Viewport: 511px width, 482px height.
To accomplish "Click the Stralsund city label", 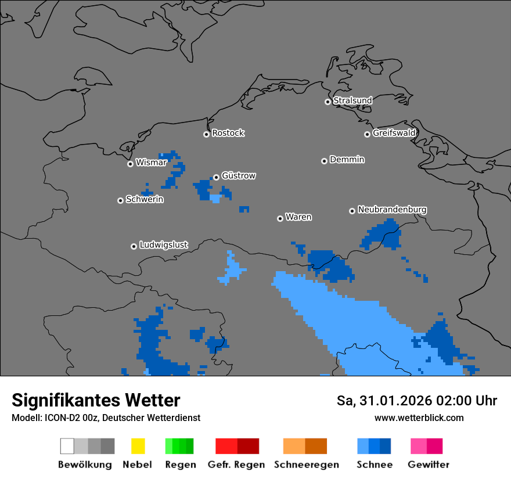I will [x=352, y=100].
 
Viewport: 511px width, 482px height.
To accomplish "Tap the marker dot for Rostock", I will [x=206, y=134].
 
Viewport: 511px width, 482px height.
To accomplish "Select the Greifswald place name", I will [x=394, y=133].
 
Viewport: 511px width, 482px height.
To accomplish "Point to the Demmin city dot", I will [x=324, y=161].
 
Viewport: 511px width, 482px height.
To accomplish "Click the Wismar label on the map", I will [x=151, y=163].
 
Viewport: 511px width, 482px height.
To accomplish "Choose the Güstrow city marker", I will [x=216, y=177].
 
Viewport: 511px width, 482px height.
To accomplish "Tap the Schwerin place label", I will [x=145, y=200].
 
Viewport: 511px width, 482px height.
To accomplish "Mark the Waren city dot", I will [x=280, y=218].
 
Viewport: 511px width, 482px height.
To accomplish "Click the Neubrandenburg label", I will [x=392, y=210].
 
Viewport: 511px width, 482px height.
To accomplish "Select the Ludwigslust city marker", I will [x=134, y=246].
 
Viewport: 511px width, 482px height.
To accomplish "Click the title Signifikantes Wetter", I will [x=96, y=400].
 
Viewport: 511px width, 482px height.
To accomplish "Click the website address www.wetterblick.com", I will [x=419, y=418].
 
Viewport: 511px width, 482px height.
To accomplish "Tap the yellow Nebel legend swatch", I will [x=138, y=446].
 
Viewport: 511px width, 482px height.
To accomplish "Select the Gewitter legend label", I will [x=429, y=465].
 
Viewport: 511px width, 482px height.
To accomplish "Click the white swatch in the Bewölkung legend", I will [x=67, y=446].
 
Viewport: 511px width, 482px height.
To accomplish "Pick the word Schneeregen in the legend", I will [x=307, y=465].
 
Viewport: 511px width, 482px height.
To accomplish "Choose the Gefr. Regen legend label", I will [x=236, y=465].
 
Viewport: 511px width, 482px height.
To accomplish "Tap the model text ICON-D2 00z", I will [x=70, y=418].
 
